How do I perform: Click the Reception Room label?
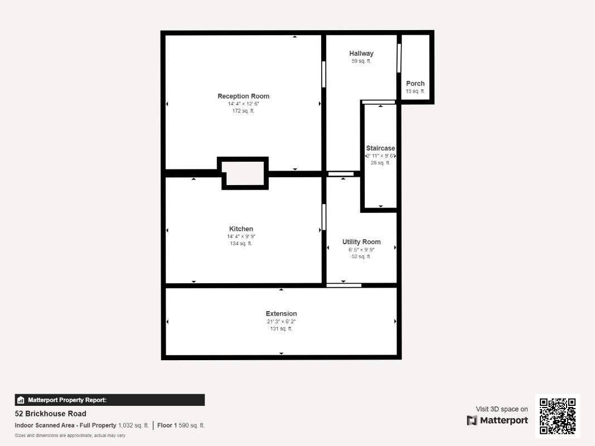[x=243, y=96]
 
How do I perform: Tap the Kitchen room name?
[x=241, y=229]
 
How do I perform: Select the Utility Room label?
[x=361, y=242]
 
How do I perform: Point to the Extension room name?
[x=281, y=314]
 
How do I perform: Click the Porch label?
[x=415, y=84]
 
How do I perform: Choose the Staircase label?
[x=380, y=148]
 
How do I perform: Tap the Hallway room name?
[x=361, y=54]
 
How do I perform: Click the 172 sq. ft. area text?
[x=243, y=111]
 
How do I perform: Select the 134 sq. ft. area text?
[x=241, y=244]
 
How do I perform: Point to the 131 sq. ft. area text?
[x=281, y=329]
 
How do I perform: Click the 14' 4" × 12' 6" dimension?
[x=243, y=104]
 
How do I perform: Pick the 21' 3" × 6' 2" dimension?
[x=281, y=322]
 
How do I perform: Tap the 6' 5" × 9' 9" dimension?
[x=361, y=250]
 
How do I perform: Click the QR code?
[x=558, y=416]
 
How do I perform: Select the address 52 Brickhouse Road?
[x=50, y=414]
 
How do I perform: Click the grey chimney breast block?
[x=244, y=173]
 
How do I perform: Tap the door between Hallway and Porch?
[x=399, y=59]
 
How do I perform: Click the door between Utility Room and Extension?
[x=344, y=285]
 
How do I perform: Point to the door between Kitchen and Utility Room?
[x=323, y=217]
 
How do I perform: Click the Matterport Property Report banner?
[x=110, y=400]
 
